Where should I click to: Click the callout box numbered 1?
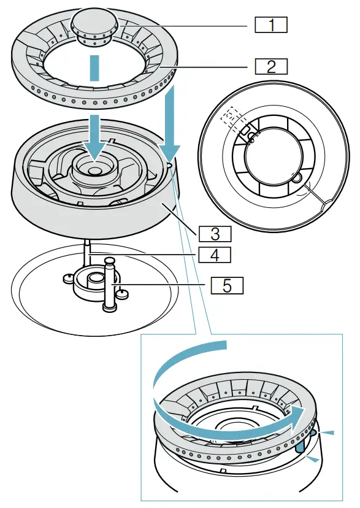click(270, 25)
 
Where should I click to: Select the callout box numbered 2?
click(270, 66)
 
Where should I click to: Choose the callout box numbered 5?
click(227, 285)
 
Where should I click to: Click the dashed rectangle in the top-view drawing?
click(231, 117)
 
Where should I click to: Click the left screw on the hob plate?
click(68, 279)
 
